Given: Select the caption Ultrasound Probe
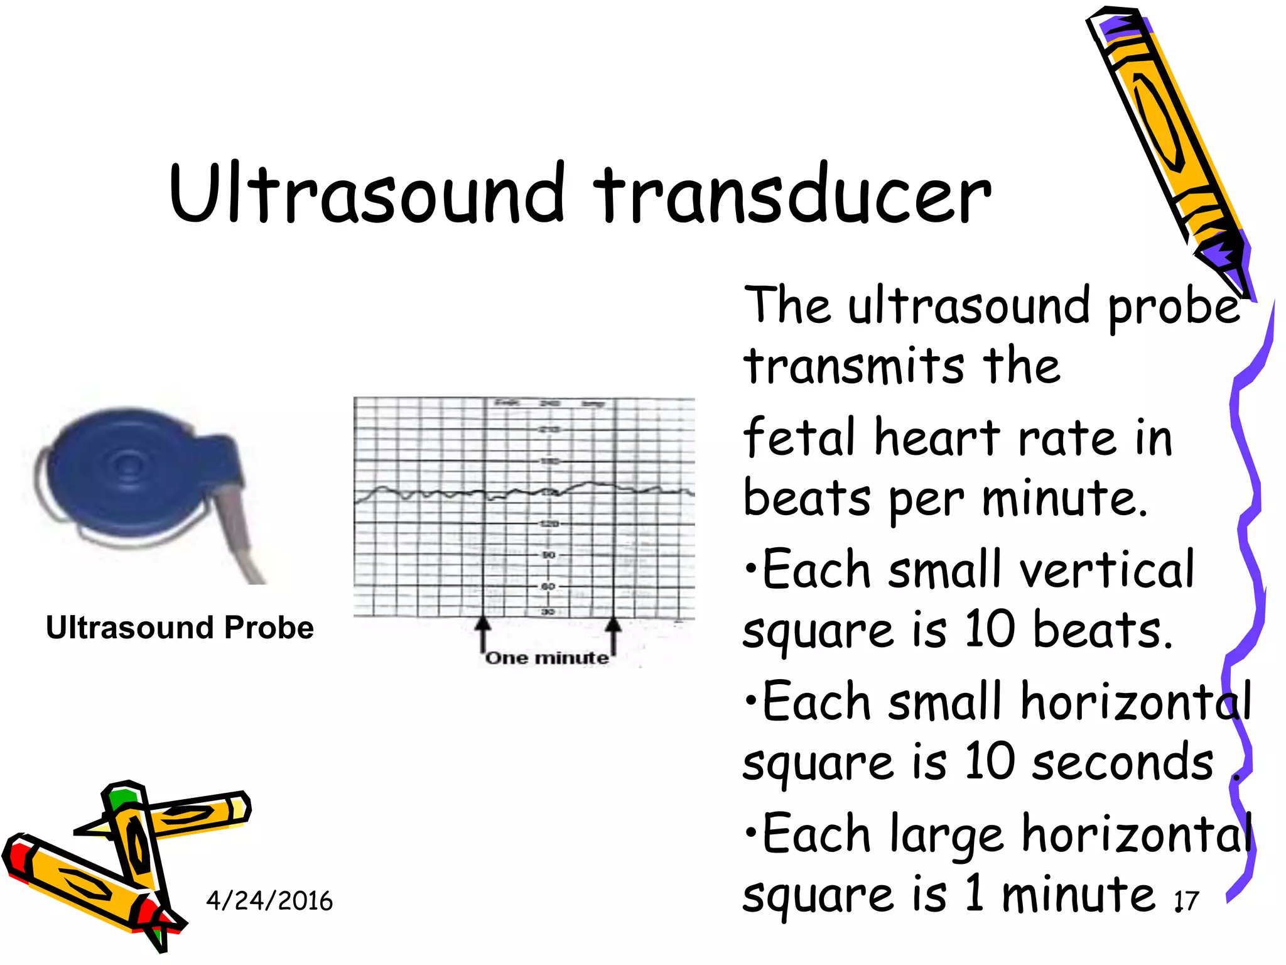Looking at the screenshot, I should click(x=180, y=628).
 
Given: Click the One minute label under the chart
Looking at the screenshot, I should click(x=547, y=658).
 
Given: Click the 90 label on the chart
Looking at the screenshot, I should click(x=548, y=555).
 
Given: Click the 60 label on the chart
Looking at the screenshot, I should click(x=548, y=586).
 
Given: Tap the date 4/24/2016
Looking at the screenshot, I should click(x=269, y=900).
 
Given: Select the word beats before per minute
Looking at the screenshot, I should click(x=806, y=498).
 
